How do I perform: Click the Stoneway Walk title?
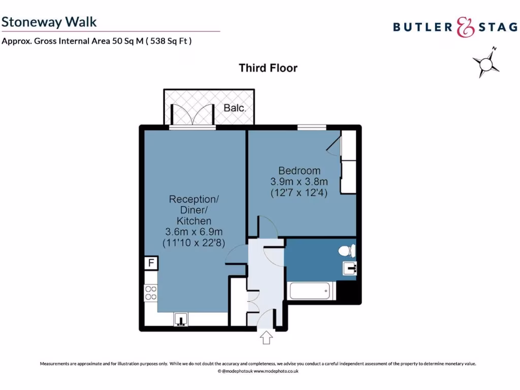[x=49, y=22]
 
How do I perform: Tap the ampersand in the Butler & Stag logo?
[x=465, y=27]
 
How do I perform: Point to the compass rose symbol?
[x=486, y=63]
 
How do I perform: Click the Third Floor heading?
[x=268, y=68]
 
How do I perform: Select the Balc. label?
[x=235, y=108]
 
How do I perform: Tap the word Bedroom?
[x=299, y=171]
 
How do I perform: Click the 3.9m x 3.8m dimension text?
[x=299, y=182]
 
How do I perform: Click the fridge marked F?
[x=151, y=264]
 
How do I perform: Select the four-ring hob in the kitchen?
[x=151, y=293]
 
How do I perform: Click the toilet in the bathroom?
[x=348, y=251]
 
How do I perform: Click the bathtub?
[x=311, y=291]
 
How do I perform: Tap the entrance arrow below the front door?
[x=266, y=338]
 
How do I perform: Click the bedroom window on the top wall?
[x=311, y=127]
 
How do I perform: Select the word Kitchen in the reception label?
[x=194, y=221]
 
